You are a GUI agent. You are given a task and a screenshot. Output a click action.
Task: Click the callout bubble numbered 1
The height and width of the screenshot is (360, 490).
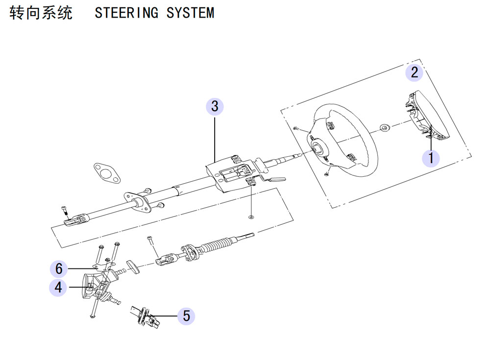tap(431, 158)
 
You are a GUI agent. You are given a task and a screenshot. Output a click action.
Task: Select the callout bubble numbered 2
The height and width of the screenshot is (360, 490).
tap(414, 72)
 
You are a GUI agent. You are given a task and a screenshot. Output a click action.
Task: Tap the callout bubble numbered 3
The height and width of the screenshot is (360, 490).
tap(215, 106)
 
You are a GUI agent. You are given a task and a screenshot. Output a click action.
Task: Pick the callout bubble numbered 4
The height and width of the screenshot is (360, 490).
tap(58, 288)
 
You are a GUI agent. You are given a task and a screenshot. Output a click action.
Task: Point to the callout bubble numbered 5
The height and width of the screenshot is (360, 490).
tap(186, 316)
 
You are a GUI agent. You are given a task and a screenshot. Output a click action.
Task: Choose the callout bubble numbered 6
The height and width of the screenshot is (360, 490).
tap(59, 269)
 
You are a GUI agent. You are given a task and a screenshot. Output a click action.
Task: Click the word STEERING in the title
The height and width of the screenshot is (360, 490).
tap(126, 13)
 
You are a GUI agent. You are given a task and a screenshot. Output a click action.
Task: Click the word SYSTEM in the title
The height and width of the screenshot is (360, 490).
tap(190, 13)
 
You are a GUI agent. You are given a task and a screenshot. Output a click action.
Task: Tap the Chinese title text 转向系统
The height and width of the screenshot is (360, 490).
tap(41, 13)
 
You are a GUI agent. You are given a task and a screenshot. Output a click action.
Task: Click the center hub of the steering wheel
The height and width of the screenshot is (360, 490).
tap(319, 148)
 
